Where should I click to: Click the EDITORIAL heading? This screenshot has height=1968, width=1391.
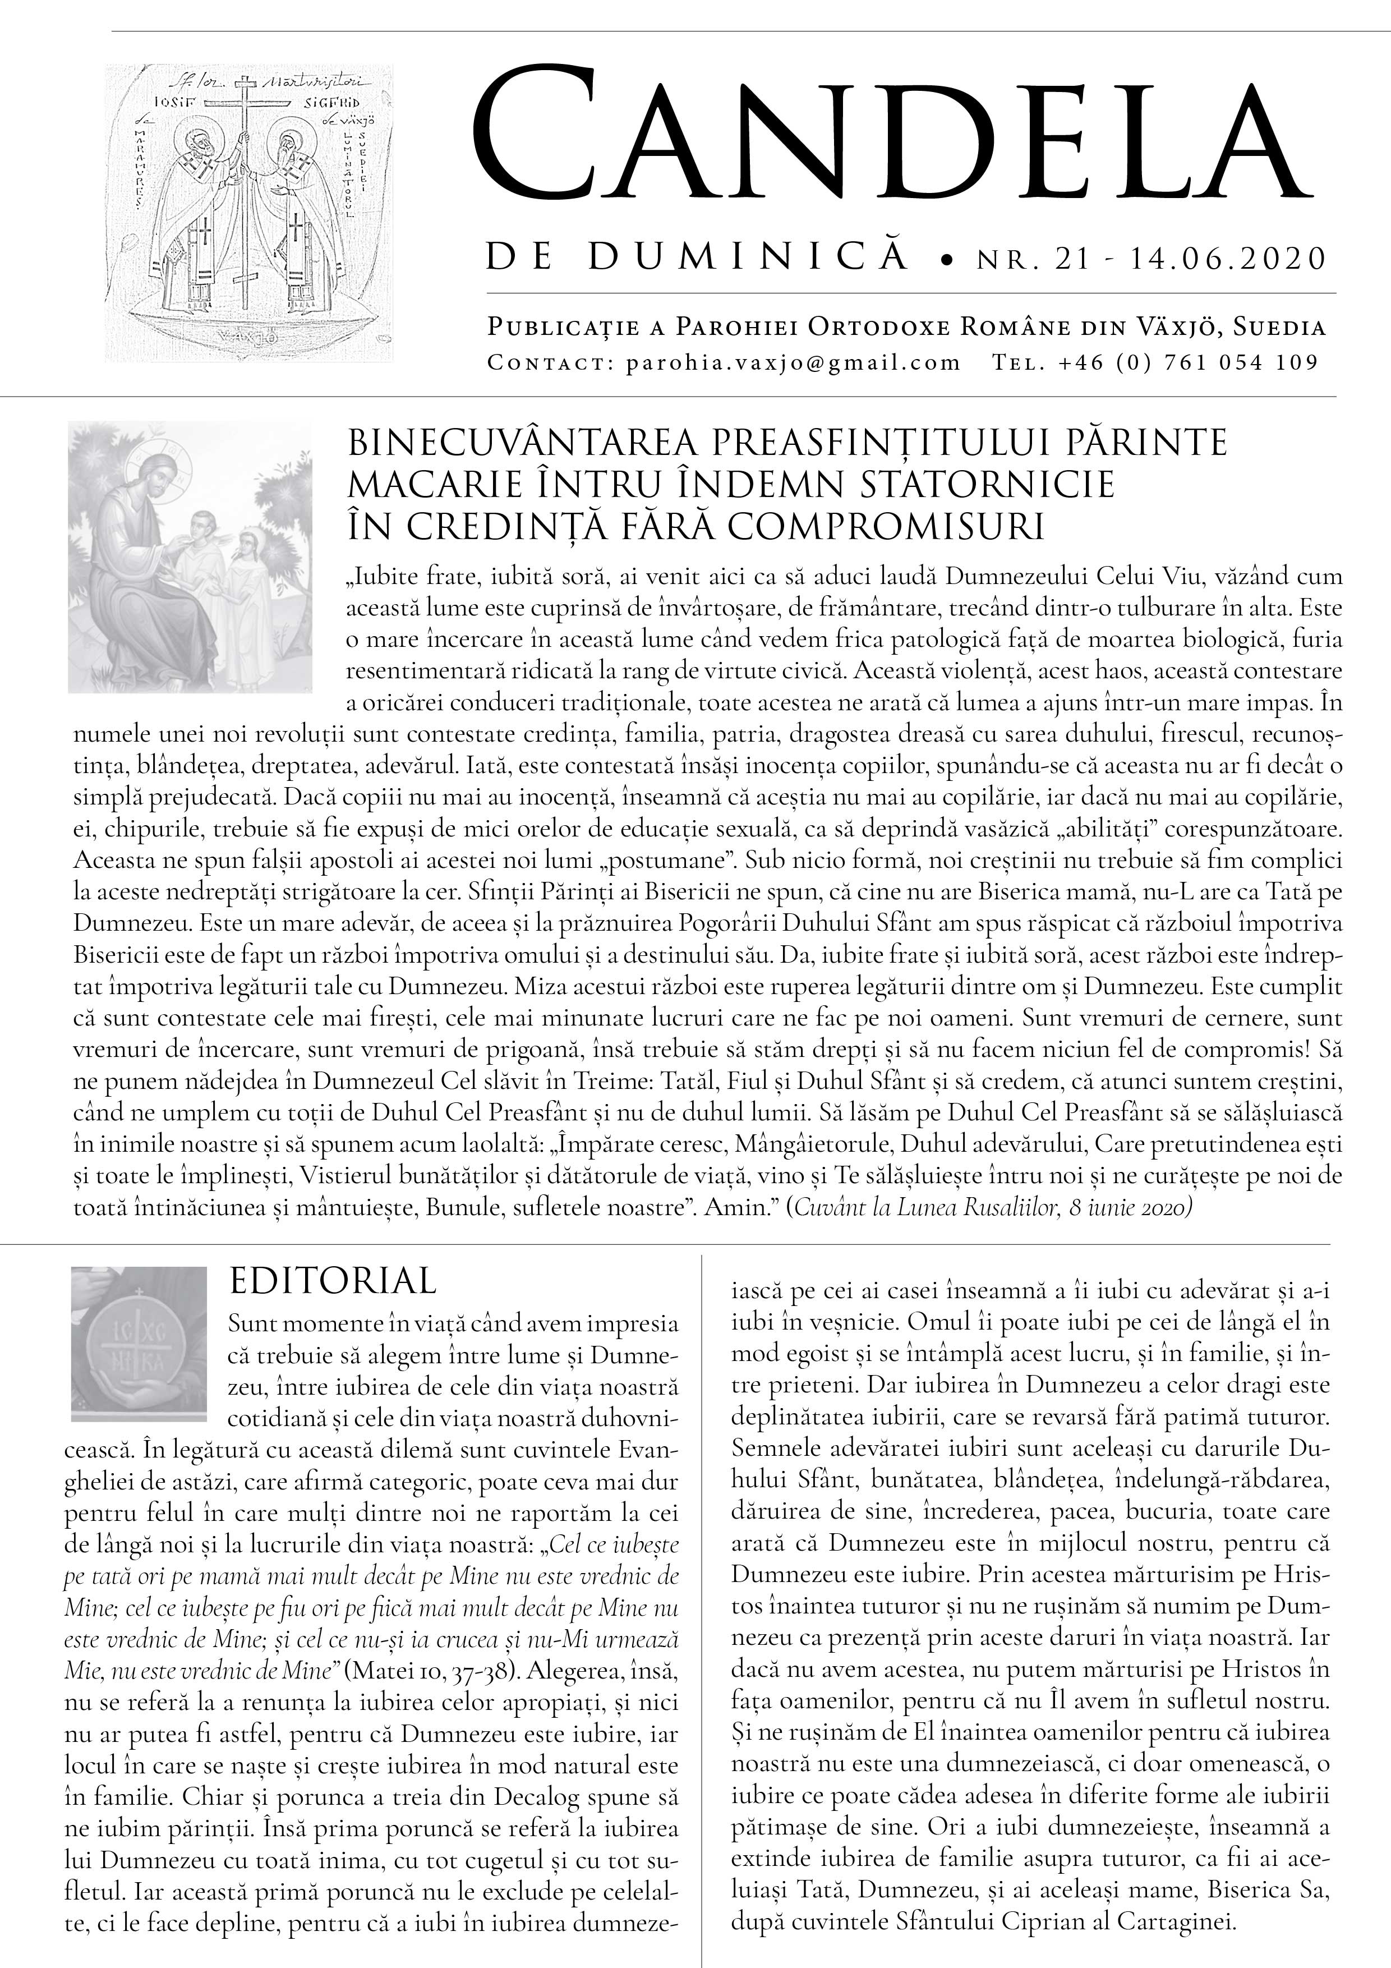(x=333, y=1281)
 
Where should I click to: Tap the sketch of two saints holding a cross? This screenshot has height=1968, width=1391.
(x=248, y=213)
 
